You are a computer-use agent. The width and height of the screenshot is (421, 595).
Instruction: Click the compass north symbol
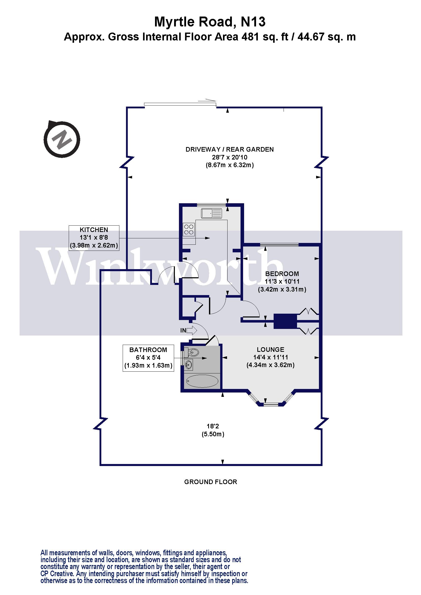click(x=62, y=139)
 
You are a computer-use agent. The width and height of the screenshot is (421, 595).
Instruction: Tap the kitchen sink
click(x=212, y=213)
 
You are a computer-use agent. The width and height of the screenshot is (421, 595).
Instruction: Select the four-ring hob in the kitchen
click(x=189, y=230)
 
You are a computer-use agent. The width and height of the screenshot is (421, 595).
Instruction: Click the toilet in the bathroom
click(x=193, y=352)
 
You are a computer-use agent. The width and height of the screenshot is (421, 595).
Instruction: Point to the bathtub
click(x=202, y=381)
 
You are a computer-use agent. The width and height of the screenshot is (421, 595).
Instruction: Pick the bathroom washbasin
click(x=188, y=365)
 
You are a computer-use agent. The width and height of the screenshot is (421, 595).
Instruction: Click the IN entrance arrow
click(x=192, y=330)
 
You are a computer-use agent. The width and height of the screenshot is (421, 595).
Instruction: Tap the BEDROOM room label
click(x=282, y=274)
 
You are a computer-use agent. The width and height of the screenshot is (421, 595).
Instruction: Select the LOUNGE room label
click(x=270, y=350)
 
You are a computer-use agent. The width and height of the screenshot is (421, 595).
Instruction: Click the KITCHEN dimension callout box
click(x=94, y=238)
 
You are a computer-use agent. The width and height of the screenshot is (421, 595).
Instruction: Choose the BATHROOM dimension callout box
click(x=148, y=358)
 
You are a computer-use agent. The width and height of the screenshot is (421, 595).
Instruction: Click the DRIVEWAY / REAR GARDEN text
click(x=229, y=150)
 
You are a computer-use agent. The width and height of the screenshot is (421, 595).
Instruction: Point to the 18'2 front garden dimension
click(x=213, y=426)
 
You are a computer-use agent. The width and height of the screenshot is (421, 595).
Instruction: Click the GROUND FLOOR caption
click(x=210, y=482)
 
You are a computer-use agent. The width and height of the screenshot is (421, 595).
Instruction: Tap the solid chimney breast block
click(x=285, y=321)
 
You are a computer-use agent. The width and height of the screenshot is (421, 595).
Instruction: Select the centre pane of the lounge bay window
click(x=271, y=404)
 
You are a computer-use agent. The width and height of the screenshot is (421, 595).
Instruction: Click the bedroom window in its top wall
click(x=279, y=244)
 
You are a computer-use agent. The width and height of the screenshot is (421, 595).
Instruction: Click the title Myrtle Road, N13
click(x=210, y=22)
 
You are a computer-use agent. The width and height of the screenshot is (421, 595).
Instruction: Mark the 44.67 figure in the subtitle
click(x=311, y=37)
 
